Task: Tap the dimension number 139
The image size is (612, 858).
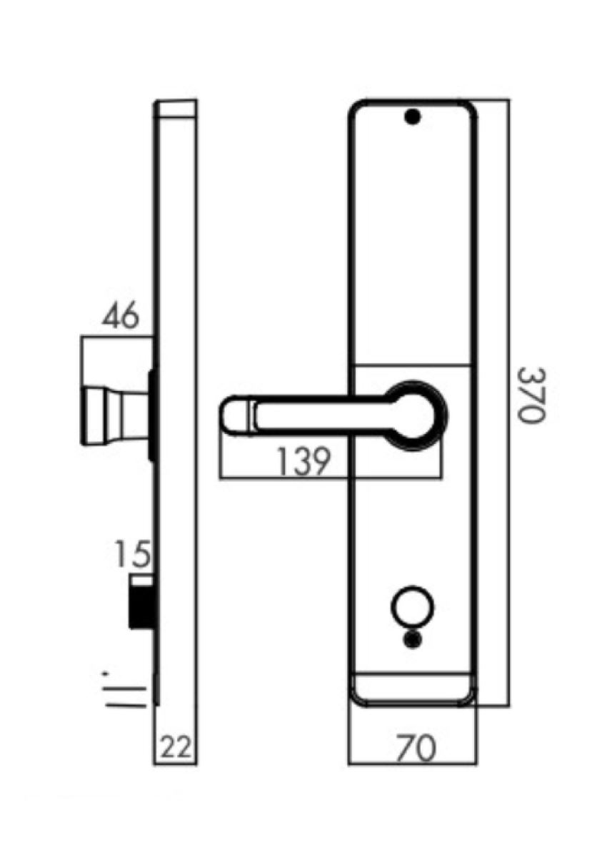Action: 305,463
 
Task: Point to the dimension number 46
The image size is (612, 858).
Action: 119,317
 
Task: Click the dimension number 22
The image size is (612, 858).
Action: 176,749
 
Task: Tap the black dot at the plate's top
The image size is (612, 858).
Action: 411,117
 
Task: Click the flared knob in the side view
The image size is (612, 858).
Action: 114,415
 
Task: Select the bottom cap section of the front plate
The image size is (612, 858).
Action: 413,689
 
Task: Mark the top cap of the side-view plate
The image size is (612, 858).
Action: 176,110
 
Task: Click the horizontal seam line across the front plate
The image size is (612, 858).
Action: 413,365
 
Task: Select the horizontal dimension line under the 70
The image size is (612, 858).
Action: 413,764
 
